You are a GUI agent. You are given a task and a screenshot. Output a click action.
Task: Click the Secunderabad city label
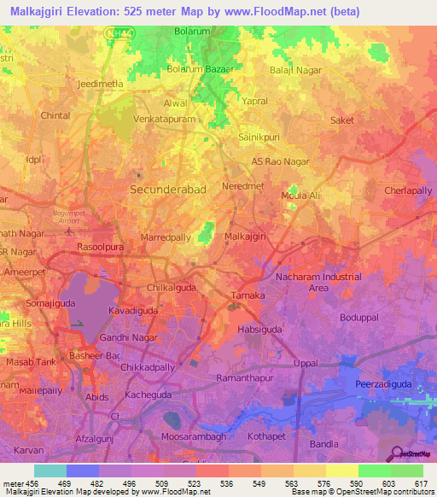click(x=167, y=189)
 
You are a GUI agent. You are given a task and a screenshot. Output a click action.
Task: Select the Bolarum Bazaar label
click(x=198, y=67)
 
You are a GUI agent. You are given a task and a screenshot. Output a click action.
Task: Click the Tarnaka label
click(x=250, y=296)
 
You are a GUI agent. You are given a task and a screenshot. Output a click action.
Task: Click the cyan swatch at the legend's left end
click(x=50, y=471)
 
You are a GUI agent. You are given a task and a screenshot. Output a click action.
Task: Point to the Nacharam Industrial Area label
click(x=318, y=282)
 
